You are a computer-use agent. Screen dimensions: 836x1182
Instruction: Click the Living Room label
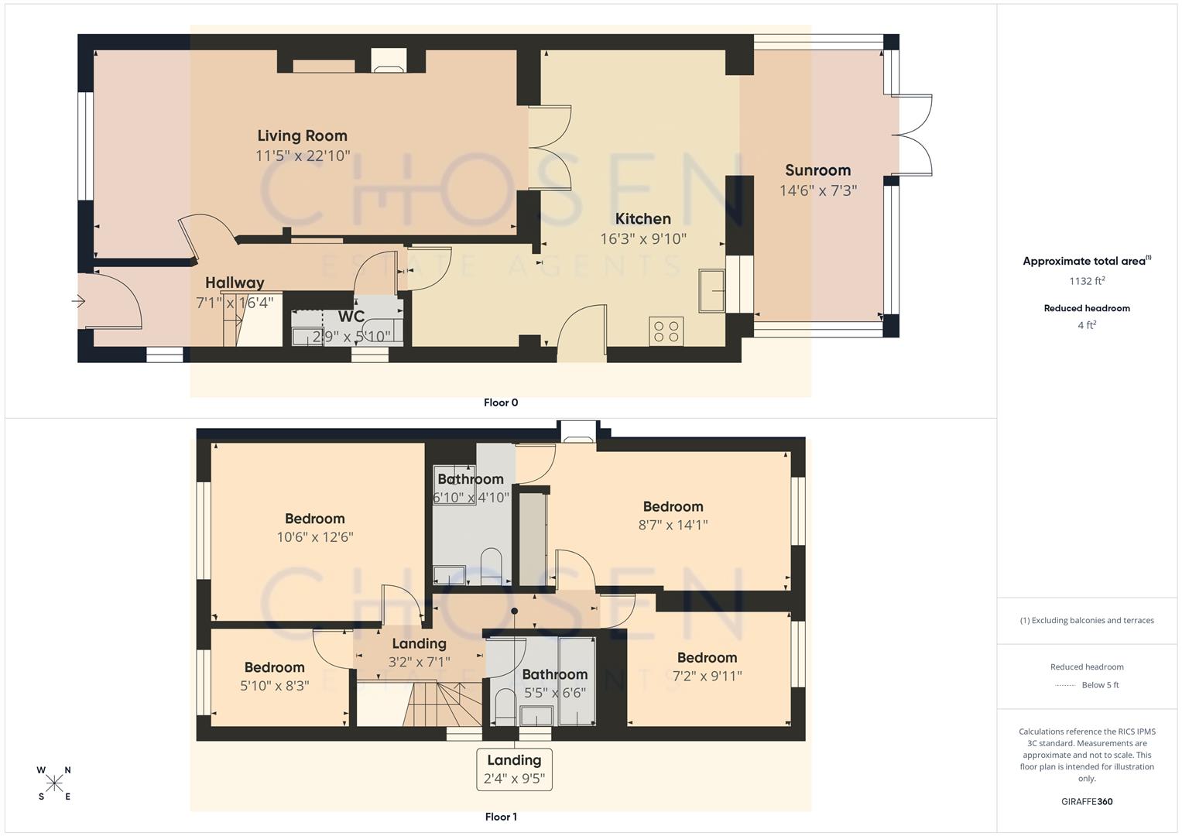[x=302, y=135]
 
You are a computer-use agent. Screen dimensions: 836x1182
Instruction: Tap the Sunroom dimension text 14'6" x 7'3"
[x=817, y=190]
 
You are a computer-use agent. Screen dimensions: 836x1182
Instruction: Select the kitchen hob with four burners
[x=666, y=331]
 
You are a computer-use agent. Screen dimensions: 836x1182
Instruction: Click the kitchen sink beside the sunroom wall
[x=711, y=291]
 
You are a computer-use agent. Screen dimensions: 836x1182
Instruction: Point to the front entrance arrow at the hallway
[x=78, y=302]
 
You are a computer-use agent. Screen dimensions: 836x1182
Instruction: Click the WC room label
[x=351, y=317]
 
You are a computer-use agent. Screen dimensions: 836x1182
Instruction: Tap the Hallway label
[x=235, y=283]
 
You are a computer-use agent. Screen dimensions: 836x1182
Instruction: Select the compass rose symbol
[x=54, y=783]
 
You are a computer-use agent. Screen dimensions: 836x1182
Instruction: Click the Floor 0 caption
[x=501, y=403]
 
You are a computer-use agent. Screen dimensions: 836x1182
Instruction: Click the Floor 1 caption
[x=501, y=817]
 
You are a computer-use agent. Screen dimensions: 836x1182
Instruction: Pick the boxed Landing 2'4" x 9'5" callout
[x=515, y=769]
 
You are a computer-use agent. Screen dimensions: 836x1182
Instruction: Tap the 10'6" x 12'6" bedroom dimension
[x=315, y=537]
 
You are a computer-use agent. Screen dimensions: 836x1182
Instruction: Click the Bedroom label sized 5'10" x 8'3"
[x=274, y=667]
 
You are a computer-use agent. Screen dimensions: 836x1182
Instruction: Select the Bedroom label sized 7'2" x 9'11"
[x=707, y=657]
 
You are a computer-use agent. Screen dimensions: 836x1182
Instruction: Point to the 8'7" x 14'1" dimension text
[x=673, y=525]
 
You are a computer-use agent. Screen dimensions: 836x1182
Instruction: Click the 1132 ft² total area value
[x=1087, y=281]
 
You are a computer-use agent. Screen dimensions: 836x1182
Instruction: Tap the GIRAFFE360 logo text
[x=1087, y=801]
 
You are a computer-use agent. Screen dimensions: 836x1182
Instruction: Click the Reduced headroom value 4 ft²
[x=1087, y=325]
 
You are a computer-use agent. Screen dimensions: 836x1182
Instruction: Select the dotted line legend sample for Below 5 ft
[x=1065, y=685]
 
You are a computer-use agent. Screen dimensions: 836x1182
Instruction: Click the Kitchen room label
[x=642, y=218]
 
